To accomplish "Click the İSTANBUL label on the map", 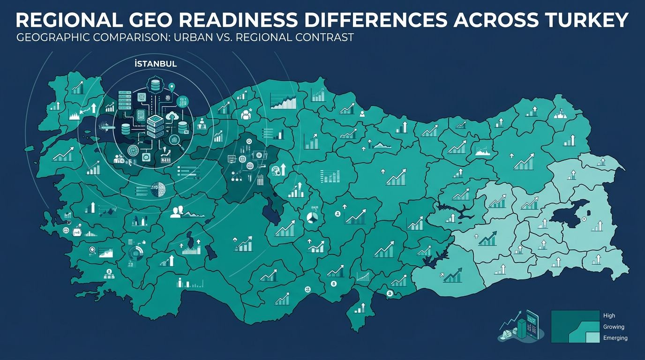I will point(155,64).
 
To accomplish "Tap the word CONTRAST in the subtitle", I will point(324,37).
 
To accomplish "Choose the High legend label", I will point(609,316).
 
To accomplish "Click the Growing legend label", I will point(614,327).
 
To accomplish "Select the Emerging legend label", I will point(615,338).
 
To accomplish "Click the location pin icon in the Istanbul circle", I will point(172,87).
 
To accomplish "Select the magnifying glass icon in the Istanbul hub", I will point(174,139).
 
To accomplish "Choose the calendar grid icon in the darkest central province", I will point(260,180).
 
